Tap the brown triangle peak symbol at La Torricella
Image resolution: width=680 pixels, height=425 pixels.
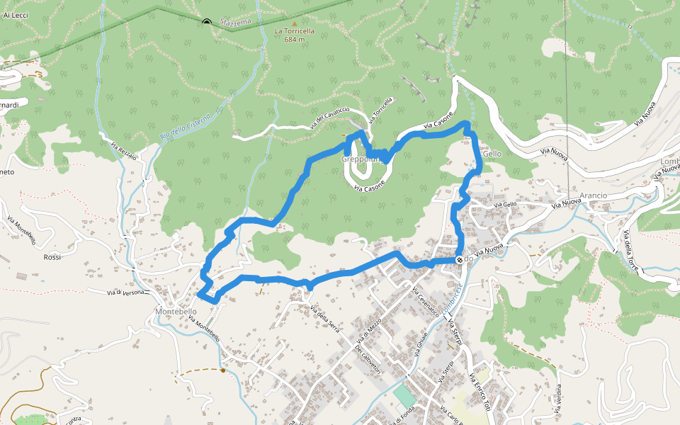coord(295,23)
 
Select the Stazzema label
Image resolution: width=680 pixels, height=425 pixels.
coord(235,23)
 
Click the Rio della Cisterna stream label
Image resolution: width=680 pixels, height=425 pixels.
coord(186,127)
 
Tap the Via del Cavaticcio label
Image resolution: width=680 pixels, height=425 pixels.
coord(329,117)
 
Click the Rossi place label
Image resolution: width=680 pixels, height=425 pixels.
coord(52,257)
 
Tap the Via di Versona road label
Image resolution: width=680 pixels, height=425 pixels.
coord(125,292)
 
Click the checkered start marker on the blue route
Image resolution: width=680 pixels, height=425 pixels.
coord(460,260)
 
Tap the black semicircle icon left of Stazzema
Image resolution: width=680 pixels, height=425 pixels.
coord(207,22)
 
